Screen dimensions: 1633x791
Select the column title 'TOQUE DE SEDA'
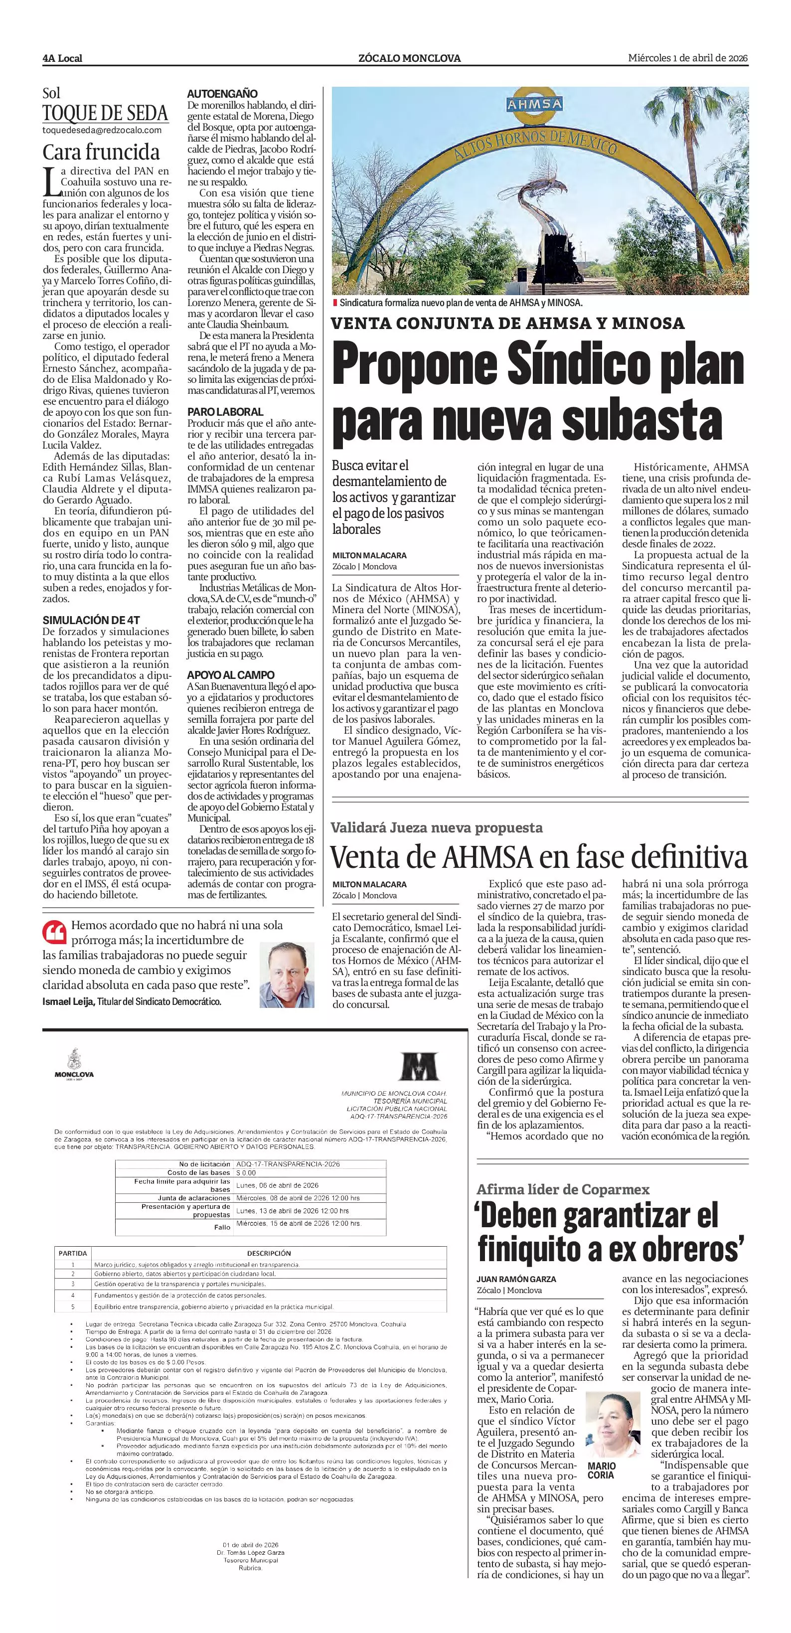[105, 114]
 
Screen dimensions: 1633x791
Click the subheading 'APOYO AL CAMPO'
[231, 674]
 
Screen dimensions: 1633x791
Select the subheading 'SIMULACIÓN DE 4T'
[91, 620]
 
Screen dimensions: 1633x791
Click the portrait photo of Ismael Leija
[287, 975]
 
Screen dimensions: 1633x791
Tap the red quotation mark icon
[54, 933]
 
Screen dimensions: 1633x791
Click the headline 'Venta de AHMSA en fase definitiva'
[539, 856]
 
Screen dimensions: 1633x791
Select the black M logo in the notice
[418, 1066]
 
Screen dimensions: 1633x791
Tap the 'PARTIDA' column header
[73, 1253]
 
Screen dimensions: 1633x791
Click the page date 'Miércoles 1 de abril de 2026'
[688, 58]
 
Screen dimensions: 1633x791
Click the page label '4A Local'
[62, 58]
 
